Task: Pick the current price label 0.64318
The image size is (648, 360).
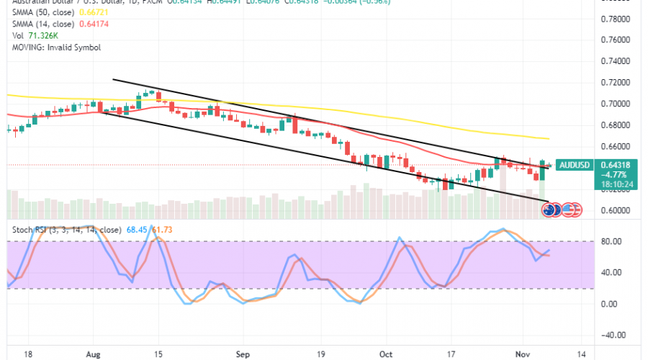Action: coord(613,165)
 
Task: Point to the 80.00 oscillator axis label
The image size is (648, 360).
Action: coord(611,241)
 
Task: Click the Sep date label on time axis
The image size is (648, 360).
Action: coord(242,355)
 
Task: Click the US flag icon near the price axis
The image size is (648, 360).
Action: coord(571,210)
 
